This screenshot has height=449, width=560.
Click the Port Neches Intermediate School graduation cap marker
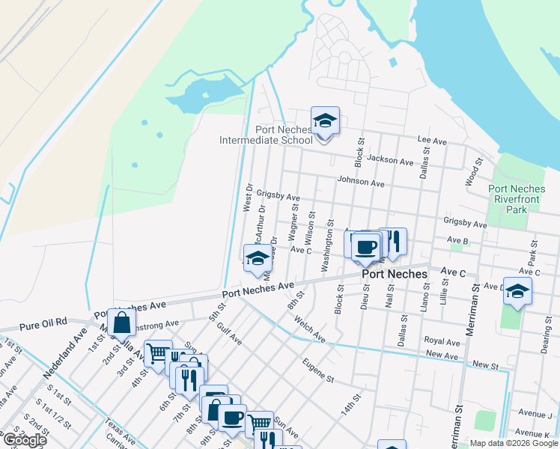(325, 120)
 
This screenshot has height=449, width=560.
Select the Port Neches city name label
(394, 274)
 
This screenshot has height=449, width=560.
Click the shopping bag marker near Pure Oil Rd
(121, 323)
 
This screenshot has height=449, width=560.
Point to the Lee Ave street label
(432, 141)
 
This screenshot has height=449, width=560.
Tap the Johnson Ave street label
(360, 182)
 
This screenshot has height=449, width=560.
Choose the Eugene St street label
(318, 370)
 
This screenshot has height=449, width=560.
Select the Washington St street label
(327, 249)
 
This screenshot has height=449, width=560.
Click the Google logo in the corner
(25, 439)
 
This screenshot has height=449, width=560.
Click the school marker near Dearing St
(517, 291)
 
